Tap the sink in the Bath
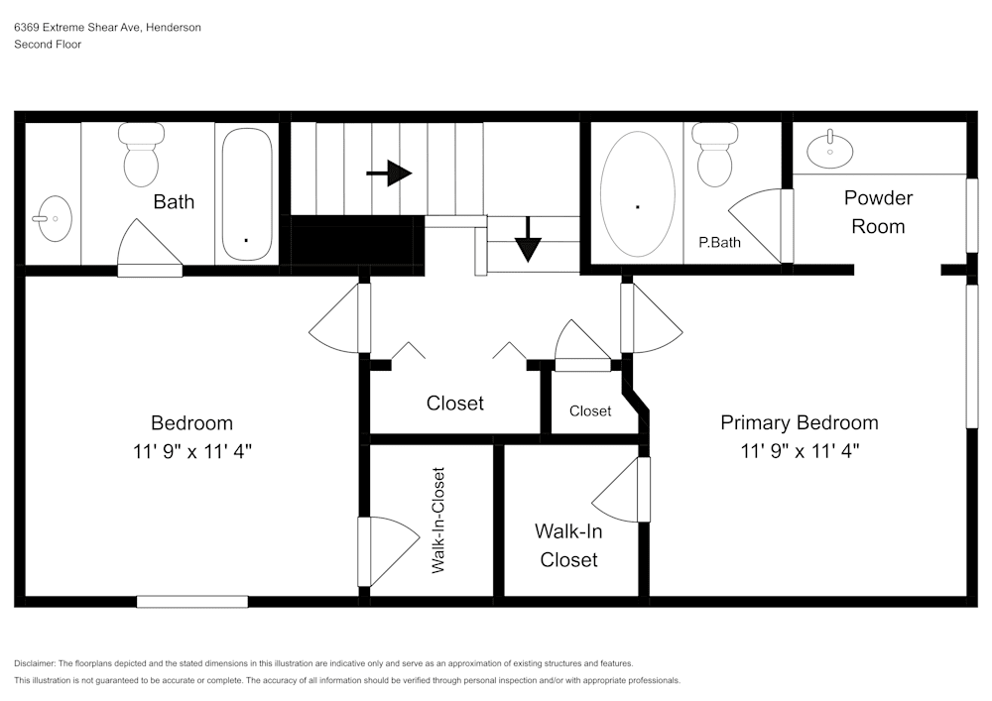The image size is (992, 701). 52,215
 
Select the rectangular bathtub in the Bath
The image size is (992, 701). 245,194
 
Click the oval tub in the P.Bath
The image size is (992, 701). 637,193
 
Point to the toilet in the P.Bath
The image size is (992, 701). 713,154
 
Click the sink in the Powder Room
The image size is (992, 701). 829,150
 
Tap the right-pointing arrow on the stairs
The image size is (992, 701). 389,174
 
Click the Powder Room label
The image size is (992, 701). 878,212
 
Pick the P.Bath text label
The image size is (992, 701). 719,242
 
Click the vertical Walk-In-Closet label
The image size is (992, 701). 437,521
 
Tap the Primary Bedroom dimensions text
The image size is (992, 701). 800,451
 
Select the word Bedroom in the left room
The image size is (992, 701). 191,422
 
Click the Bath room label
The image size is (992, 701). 174,202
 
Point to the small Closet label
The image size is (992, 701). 590,410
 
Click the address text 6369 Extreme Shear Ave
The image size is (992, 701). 78,28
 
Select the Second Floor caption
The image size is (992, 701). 48,45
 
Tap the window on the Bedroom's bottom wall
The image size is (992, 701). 191,601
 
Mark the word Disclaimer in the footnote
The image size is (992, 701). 35,663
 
